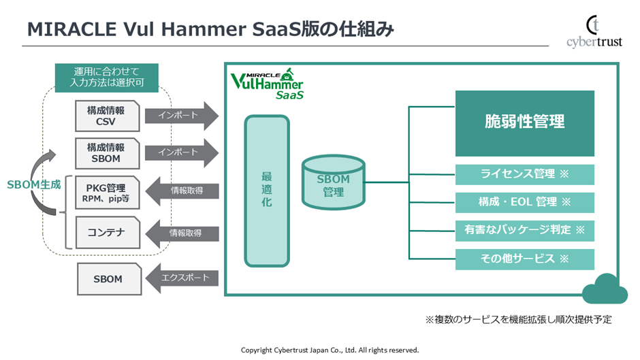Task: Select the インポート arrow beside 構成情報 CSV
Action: [181, 116]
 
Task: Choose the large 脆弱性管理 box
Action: [524, 122]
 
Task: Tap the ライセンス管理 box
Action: [524, 174]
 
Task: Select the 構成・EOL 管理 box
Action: [524, 202]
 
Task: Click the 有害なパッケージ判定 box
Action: [524, 230]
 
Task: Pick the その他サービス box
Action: [524, 259]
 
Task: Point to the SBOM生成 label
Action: [33, 184]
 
